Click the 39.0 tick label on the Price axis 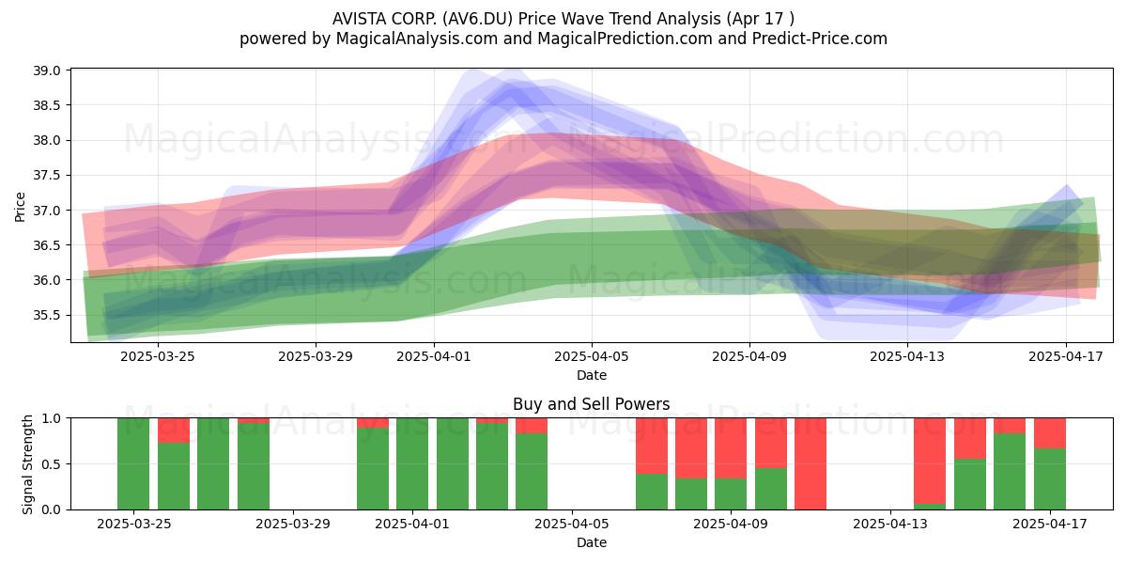point(47,70)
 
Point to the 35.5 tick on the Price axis point(47,315)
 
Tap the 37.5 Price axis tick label point(47,175)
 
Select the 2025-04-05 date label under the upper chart point(592,356)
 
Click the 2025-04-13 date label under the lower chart point(890,524)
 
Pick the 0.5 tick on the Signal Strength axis point(51,463)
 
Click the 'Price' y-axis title point(20,207)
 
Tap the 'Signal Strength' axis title point(27,464)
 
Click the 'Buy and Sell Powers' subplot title point(591,404)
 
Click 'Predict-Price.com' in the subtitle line point(820,39)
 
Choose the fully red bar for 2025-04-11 point(811,463)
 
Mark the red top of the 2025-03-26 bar point(174,431)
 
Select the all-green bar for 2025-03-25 point(133,463)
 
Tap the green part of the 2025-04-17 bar point(1050,478)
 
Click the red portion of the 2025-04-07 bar point(652,446)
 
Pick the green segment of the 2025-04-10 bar point(771,489)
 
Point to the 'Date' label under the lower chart point(591,542)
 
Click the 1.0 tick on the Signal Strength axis point(51,418)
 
